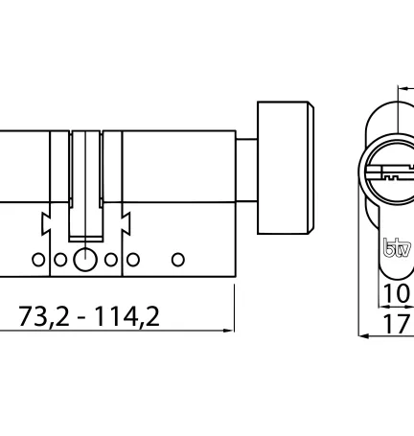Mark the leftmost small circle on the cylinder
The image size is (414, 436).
click(36, 259)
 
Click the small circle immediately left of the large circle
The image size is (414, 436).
click(59, 259)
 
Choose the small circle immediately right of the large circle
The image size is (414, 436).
click(111, 259)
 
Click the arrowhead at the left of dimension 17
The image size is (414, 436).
click(363, 336)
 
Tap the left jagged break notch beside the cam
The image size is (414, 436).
click(45, 225)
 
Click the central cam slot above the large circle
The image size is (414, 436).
click(86, 182)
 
